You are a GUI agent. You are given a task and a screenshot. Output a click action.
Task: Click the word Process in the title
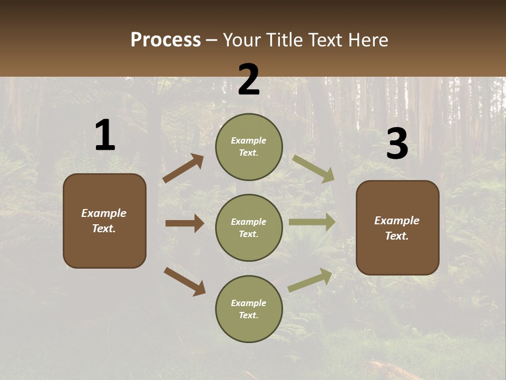click(166, 40)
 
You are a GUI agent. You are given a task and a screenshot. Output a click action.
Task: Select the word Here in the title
click(368, 40)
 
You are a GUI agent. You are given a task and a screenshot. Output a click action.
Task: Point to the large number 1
click(105, 135)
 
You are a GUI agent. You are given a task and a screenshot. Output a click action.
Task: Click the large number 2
click(249, 79)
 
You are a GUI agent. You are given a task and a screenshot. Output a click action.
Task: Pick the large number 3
click(397, 143)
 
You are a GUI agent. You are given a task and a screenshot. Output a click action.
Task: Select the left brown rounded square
click(104, 221)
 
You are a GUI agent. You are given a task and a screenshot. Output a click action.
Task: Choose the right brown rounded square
click(397, 228)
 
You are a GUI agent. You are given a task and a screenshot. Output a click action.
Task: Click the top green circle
click(249, 147)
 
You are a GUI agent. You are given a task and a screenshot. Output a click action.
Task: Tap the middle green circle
click(249, 228)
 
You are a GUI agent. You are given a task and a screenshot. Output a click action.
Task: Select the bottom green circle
click(249, 309)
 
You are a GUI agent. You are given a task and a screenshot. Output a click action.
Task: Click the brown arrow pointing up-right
click(183, 168)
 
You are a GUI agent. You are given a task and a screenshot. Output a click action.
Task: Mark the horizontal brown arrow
click(184, 223)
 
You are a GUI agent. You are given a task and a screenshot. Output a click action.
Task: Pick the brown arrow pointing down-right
click(185, 282)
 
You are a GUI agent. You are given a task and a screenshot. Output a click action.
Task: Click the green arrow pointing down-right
click(313, 169)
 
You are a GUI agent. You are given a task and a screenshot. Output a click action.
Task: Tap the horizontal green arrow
click(312, 222)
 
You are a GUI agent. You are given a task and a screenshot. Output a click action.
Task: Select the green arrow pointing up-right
click(310, 280)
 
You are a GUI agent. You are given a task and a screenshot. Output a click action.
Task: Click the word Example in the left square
click(104, 213)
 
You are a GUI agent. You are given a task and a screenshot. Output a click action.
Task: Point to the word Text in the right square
click(397, 236)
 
